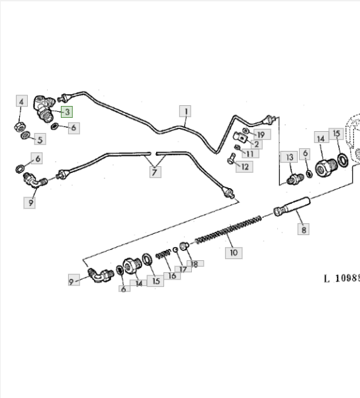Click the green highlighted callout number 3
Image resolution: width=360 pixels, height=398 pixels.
[x=67, y=112]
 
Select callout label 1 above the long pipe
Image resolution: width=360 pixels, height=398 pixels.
[x=185, y=111]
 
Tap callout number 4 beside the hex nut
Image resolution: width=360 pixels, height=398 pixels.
[x=22, y=101]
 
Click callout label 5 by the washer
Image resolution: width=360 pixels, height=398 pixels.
[x=40, y=139]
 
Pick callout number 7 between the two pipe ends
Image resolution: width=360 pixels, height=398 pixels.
[x=156, y=172]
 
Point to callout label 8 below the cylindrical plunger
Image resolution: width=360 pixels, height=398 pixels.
[x=304, y=229]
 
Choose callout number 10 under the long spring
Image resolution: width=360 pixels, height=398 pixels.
[x=234, y=253]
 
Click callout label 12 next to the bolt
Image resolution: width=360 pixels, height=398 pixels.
[x=244, y=167]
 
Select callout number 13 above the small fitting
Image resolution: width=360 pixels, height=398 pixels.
[x=289, y=157]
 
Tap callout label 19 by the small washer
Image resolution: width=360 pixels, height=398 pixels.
[x=262, y=134]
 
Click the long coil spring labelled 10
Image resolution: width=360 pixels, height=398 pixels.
[x=228, y=230]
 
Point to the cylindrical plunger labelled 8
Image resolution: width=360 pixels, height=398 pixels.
[x=292, y=207]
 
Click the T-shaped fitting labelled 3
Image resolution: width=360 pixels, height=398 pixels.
[x=44, y=109]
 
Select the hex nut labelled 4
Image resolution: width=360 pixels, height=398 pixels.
[x=19, y=126]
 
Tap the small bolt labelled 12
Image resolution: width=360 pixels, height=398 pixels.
[x=232, y=158]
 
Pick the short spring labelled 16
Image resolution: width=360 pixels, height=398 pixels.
[x=163, y=254]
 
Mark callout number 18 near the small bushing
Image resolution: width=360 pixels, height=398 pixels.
[x=195, y=264]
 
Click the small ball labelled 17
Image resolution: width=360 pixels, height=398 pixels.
[x=175, y=250]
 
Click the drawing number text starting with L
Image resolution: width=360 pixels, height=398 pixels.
[x=342, y=278]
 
